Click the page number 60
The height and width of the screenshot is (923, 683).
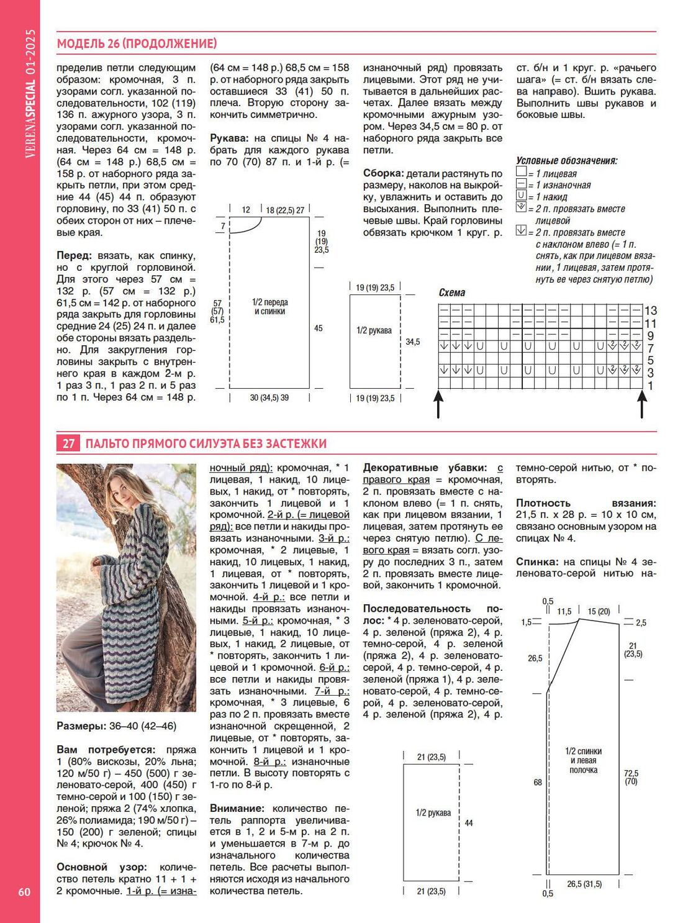(24, 891)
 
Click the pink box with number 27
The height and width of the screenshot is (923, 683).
(68, 443)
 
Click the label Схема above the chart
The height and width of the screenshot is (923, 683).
(451, 293)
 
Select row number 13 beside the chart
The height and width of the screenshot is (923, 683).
(650, 311)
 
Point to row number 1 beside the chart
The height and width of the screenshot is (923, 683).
(650, 386)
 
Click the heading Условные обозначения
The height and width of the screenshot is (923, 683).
(566, 161)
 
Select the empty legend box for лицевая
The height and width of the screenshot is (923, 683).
(521, 173)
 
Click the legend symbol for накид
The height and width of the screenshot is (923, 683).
(521, 197)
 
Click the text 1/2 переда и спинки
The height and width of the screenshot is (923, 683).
(270, 306)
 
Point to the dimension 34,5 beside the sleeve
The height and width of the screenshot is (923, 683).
(412, 342)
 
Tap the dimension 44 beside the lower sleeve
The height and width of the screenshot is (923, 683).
(469, 822)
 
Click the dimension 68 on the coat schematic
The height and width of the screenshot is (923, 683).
(538, 782)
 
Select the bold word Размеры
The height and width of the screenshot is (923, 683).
(80, 725)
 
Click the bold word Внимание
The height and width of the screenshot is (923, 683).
(237, 808)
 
